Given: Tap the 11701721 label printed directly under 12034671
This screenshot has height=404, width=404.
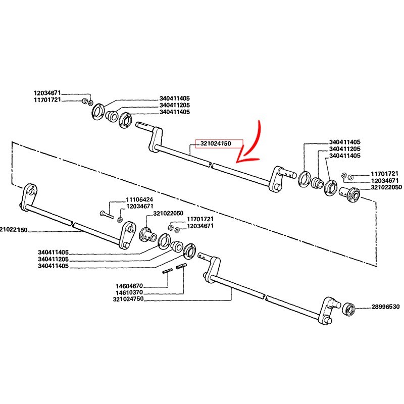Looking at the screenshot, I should [50, 100].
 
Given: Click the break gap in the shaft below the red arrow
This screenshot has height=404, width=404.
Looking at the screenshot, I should [211, 165].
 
